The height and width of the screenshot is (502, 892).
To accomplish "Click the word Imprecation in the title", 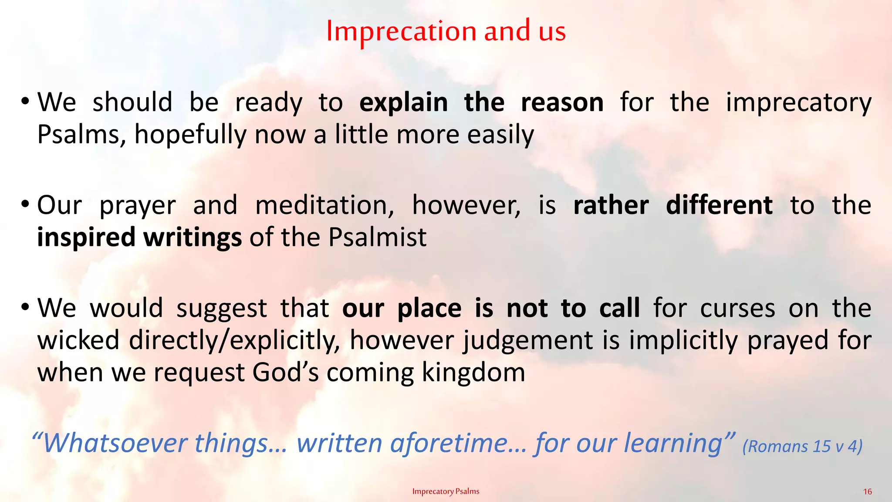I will tap(401, 31).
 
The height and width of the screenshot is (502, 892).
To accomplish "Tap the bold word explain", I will tap(403, 103).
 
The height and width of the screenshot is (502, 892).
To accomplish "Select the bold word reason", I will tap(562, 103).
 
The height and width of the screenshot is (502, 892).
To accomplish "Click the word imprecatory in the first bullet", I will tap(798, 103).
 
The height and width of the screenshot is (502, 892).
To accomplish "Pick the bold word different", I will tap(719, 205).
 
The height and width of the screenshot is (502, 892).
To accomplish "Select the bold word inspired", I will tap(86, 237).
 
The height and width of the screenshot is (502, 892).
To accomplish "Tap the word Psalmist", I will tap(377, 237).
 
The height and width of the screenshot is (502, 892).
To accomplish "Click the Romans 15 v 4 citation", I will tap(802, 446).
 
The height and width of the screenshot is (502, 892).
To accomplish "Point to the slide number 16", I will tap(867, 492).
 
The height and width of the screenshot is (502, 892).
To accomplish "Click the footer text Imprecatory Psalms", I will tap(446, 492).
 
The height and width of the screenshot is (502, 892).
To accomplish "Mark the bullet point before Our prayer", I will tap(25, 204).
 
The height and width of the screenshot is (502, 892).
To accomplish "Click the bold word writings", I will tap(193, 237).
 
